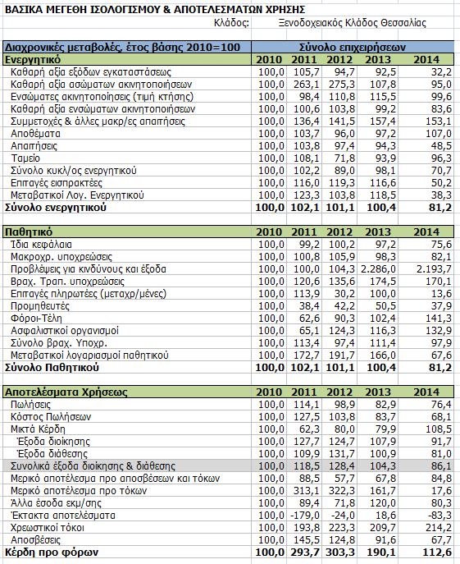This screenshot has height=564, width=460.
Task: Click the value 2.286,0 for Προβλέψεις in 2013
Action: pyautogui.click(x=378, y=269)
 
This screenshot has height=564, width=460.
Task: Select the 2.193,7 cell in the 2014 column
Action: pyautogui.click(x=434, y=269)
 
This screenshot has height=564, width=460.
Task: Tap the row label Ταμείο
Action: pyautogui.click(x=25, y=158)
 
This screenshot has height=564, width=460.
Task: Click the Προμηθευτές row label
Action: pyautogui.click(x=40, y=306)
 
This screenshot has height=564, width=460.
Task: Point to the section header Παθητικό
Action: pyautogui.click(x=29, y=232)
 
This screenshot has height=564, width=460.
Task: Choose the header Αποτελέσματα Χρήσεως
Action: pyautogui.click(x=66, y=392)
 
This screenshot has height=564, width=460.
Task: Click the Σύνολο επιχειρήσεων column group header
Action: pyautogui.click(x=353, y=47)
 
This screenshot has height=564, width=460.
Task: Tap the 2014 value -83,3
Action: pyautogui.click(x=440, y=516)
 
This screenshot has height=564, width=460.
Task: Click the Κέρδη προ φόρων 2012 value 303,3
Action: pyautogui.click(x=340, y=553)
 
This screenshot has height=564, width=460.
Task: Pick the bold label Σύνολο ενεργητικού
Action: pyautogui.click(x=55, y=208)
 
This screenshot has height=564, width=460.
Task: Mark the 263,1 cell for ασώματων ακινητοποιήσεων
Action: pyautogui.click(x=307, y=85)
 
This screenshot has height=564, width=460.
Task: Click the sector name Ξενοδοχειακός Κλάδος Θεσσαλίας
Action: pyautogui.click(x=353, y=23)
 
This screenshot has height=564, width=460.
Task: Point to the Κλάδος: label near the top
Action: pyautogui.click(x=231, y=23)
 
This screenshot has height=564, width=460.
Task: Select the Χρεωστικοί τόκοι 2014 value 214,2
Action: pyautogui.click(x=439, y=528)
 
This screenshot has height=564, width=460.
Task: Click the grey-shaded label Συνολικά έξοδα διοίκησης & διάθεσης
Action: pyautogui.click(x=93, y=466)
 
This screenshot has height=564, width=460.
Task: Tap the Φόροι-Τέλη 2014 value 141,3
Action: pyautogui.click(x=439, y=319)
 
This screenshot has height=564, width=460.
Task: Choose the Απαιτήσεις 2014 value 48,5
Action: pyautogui.click(x=441, y=146)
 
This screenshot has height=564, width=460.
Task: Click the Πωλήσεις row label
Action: pyautogui.click(x=30, y=405)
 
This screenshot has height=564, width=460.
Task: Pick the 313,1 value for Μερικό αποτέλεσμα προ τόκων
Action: pyautogui.click(x=307, y=491)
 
